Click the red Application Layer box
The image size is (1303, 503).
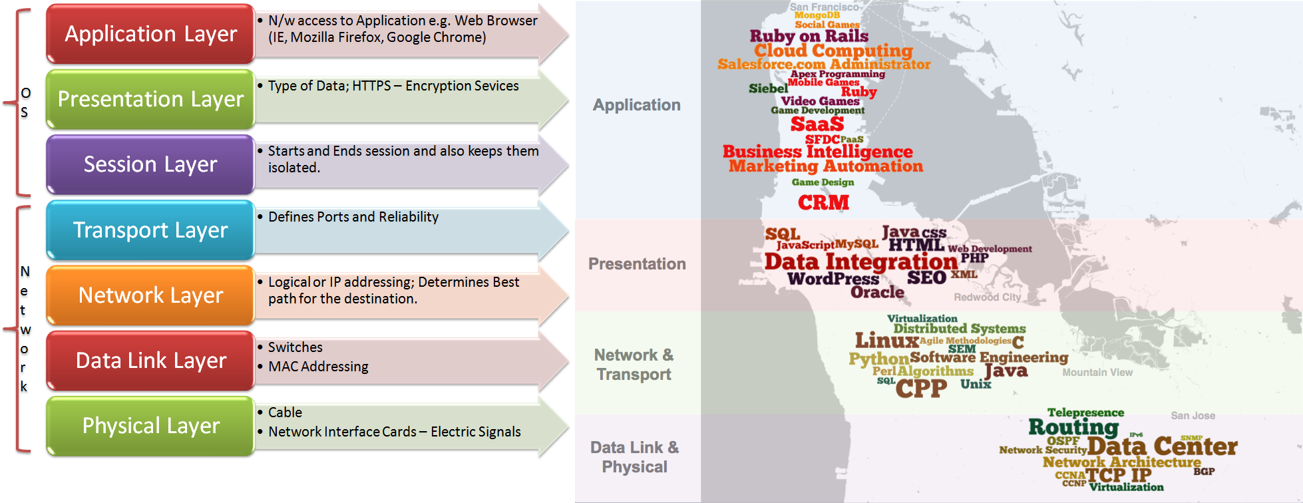point(150,34)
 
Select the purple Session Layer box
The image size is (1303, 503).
point(150,164)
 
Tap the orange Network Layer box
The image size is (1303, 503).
point(150,295)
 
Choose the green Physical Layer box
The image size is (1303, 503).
point(150,426)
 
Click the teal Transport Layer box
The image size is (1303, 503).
point(150,230)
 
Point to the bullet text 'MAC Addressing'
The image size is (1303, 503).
point(317,367)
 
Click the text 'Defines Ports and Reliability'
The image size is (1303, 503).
point(353,217)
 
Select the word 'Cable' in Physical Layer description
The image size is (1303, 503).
point(285,413)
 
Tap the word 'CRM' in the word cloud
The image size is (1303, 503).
point(823,202)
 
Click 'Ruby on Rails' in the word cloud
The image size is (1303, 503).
point(809,36)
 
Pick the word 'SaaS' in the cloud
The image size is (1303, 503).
point(817,124)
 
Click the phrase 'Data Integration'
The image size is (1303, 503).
point(860,261)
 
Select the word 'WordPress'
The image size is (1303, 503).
point(833,279)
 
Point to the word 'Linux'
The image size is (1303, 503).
point(886,341)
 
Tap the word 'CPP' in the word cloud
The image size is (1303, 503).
point(921,388)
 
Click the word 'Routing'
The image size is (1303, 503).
point(1073,426)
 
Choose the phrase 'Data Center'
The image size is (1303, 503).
point(1162,446)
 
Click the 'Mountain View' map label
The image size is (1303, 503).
point(1097,373)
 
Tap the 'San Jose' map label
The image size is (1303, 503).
point(1193,416)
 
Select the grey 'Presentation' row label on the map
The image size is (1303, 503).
point(637,264)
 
